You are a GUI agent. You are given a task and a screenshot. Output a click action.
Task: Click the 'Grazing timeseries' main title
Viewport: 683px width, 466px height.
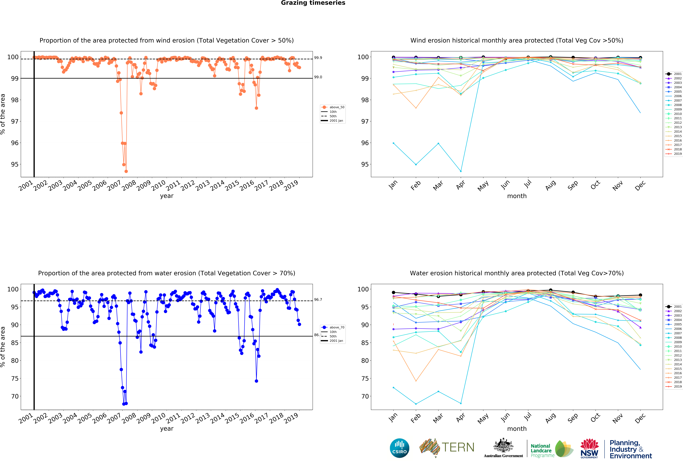click(x=313, y=3)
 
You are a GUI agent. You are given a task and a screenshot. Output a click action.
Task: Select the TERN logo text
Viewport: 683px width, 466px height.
click(x=458, y=447)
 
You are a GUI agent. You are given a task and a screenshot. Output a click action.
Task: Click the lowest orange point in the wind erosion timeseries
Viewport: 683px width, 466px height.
click(x=126, y=171)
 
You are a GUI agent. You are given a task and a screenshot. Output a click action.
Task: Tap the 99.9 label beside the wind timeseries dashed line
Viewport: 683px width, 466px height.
click(x=318, y=58)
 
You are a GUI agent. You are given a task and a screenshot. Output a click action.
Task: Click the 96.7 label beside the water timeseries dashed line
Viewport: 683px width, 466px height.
click(x=318, y=300)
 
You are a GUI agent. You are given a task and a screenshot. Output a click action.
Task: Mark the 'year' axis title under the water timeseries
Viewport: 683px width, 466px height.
click(x=167, y=429)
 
